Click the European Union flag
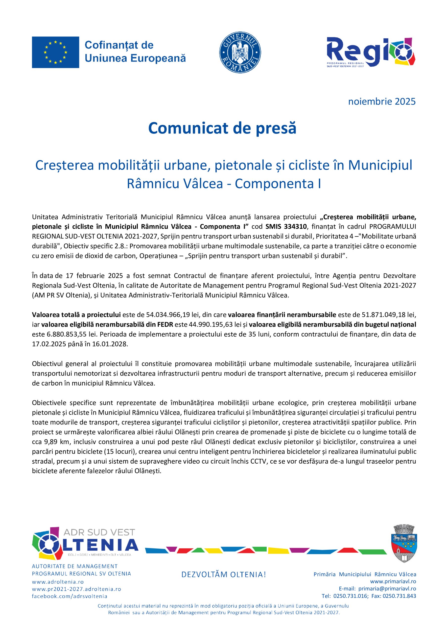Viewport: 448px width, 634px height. pyautogui.click(x=55, y=52)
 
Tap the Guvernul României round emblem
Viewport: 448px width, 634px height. pyautogui.click(x=240, y=52)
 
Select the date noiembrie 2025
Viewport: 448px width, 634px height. pyautogui.click(x=381, y=102)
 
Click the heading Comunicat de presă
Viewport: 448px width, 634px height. pyautogui.click(x=222, y=128)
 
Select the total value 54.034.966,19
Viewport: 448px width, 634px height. pyautogui.click(x=165, y=315)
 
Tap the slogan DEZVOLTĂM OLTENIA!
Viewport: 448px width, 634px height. pyautogui.click(x=223, y=575)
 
